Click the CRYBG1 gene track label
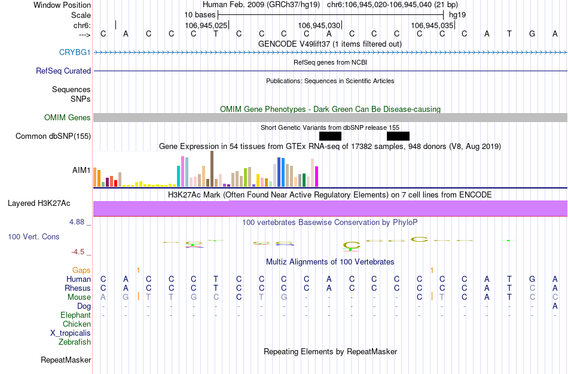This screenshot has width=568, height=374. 75,53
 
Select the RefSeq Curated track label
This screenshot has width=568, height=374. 63,71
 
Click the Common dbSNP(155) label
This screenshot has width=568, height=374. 53,136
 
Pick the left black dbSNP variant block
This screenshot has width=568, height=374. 330,136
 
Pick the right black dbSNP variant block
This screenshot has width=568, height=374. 398,136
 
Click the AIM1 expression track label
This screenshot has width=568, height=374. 81,170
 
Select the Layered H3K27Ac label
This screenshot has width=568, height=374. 49,203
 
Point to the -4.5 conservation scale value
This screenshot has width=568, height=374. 81,252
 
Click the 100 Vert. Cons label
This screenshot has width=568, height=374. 33,237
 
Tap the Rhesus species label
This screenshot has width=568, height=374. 78,288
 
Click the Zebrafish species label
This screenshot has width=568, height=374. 75,342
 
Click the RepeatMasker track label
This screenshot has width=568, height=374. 66,360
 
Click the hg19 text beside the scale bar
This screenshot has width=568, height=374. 457,14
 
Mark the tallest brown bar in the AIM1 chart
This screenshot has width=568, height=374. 212,169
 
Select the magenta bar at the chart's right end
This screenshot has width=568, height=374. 317,176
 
